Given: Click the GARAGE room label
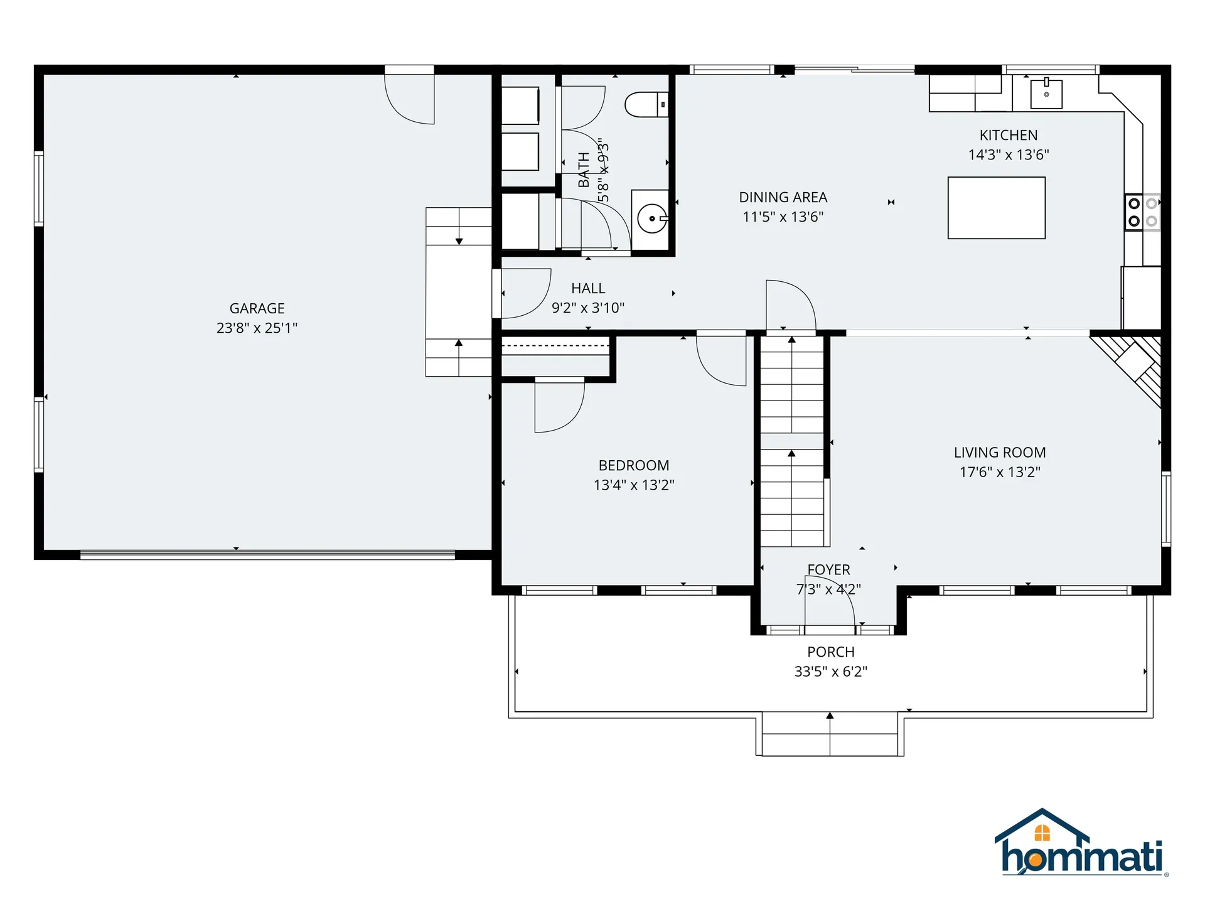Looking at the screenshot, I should pos(257,308).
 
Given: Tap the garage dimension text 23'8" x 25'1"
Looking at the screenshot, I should pos(257,328).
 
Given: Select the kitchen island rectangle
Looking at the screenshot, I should pos(996,208).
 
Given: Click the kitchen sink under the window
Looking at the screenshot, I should pos(1046,94).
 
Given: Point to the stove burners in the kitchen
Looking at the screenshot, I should pos(1142,212).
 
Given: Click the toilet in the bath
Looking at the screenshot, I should pos(646,105).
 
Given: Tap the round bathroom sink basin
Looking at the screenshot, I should pos(651,219).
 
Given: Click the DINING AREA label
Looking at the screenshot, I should pos(783,197).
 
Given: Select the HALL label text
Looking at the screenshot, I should pos(588,288).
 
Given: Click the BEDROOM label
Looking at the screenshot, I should pos(633,465).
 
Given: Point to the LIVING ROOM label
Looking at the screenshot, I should pos(999,452).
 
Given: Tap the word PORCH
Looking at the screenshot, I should pos(830,652).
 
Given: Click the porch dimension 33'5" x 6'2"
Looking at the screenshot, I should pos(830,671).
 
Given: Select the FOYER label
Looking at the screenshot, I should pos(828,569).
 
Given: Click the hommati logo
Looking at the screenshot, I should pos(1081,844).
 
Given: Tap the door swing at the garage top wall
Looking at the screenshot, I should pos(409,100).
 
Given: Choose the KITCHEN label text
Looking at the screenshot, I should pos(1008,135).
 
